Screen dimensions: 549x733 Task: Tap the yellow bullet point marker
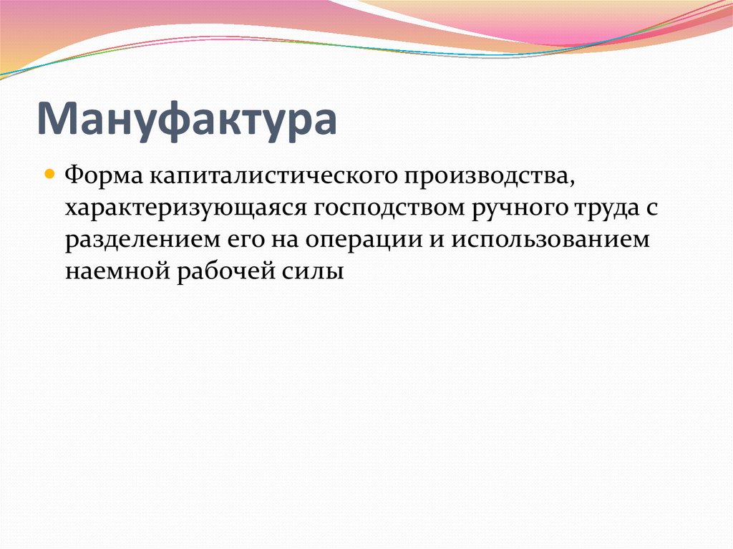click(49, 174)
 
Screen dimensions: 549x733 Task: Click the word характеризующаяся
click(185, 208)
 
